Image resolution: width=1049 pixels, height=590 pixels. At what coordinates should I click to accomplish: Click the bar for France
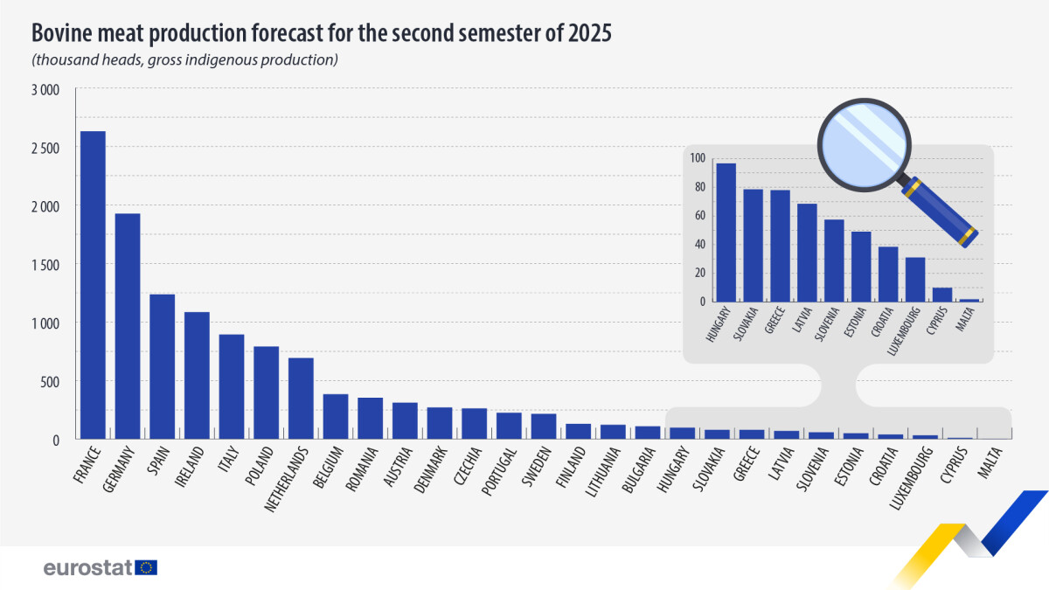click(x=93, y=285)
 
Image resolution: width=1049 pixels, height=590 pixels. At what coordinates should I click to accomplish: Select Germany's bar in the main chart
click(x=128, y=326)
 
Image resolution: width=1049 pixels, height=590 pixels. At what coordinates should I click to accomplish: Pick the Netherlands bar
click(x=301, y=398)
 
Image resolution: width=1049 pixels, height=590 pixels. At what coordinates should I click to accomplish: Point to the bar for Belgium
click(x=336, y=416)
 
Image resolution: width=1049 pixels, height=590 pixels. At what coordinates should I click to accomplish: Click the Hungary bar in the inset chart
click(x=726, y=233)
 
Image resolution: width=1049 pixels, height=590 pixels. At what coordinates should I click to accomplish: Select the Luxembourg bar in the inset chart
click(x=914, y=279)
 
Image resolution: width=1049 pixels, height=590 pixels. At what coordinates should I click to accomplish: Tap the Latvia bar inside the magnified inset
click(x=807, y=253)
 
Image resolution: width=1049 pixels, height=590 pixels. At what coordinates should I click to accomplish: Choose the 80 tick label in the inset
click(x=697, y=187)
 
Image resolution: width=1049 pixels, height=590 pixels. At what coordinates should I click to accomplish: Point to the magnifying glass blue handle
click(x=943, y=213)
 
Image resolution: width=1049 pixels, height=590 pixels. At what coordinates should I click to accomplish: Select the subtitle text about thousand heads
click(x=184, y=60)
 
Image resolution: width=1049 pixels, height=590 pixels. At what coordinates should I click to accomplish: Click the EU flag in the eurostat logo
click(x=147, y=567)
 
